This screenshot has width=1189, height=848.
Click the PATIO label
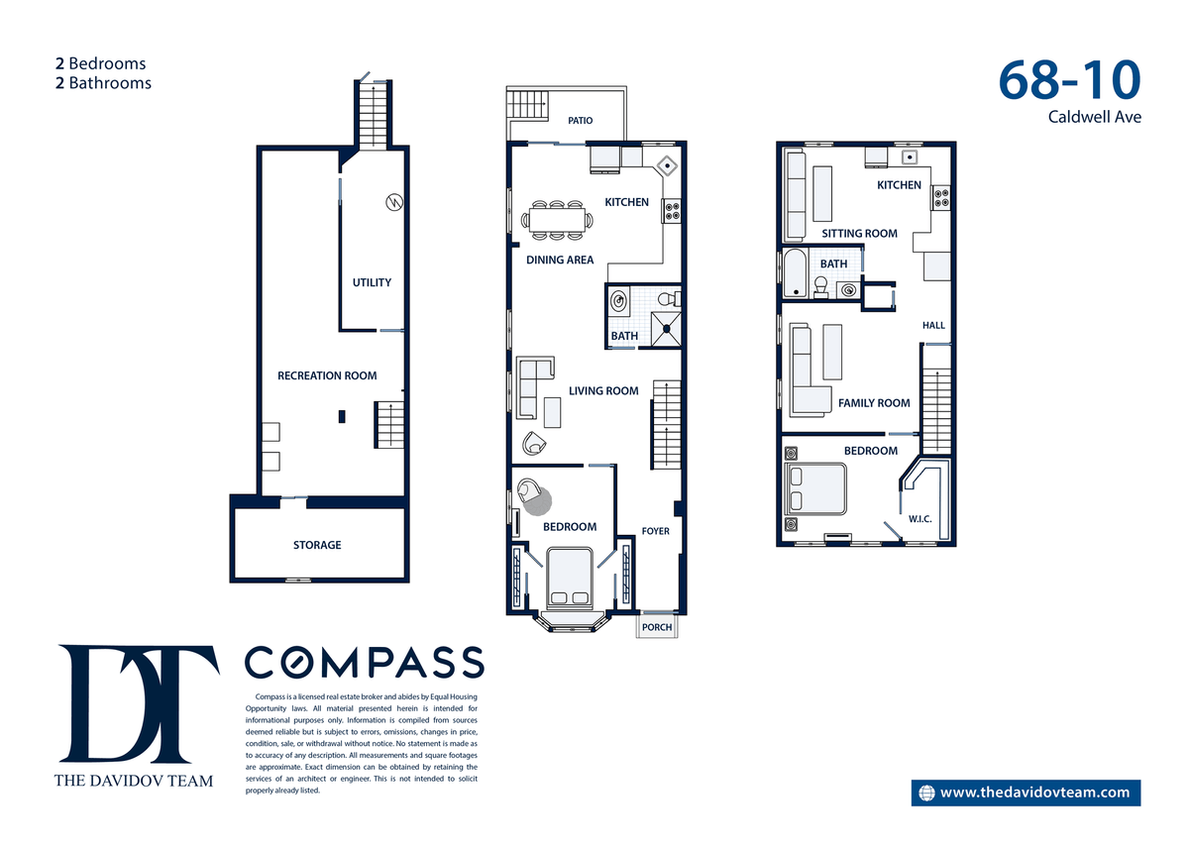click(x=581, y=121)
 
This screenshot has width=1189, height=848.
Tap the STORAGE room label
click(x=317, y=545)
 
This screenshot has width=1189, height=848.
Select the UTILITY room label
click(x=372, y=282)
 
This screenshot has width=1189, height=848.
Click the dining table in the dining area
click(x=557, y=220)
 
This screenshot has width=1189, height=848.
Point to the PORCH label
click(x=657, y=627)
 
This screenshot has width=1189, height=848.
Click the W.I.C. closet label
click(x=919, y=519)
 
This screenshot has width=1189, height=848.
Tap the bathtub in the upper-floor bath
click(x=795, y=272)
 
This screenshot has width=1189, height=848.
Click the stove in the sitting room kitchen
click(x=941, y=198)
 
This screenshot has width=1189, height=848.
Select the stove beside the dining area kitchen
click(x=672, y=211)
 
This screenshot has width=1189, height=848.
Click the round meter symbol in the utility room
click(x=394, y=202)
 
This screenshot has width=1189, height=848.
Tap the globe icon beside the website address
click(x=926, y=793)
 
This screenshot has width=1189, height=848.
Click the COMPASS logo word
click(x=365, y=663)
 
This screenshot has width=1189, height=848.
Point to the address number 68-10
click(x=1069, y=80)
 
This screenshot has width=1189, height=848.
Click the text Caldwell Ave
click(x=1095, y=117)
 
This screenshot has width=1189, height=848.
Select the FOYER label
click(x=656, y=531)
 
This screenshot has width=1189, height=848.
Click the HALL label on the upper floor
click(x=933, y=325)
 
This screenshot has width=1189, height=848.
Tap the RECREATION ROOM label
click(x=327, y=375)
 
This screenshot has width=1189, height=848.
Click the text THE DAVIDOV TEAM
click(x=134, y=781)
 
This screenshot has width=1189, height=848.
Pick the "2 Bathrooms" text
click(x=103, y=83)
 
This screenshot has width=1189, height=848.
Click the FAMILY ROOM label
click(x=874, y=403)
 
